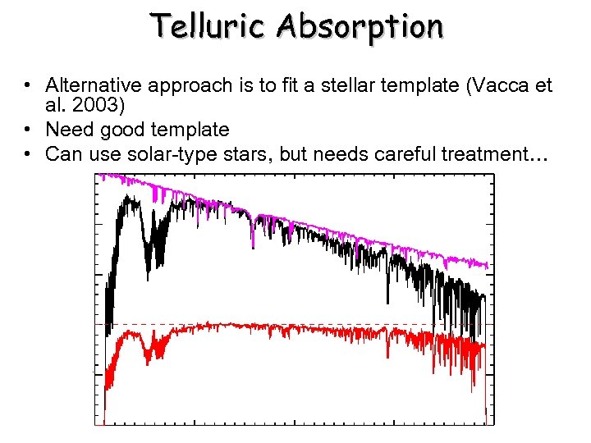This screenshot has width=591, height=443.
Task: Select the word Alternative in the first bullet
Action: click(x=89, y=85)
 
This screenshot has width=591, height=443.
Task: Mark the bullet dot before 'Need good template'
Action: click(x=28, y=130)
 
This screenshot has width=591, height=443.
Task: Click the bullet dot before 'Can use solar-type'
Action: click(x=28, y=153)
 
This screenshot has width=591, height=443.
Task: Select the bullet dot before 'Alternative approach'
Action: click(x=28, y=85)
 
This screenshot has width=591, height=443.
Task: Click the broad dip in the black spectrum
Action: click(x=149, y=246)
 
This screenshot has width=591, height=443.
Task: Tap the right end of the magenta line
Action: click(x=488, y=265)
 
